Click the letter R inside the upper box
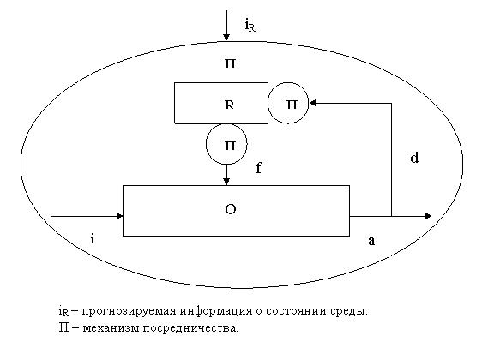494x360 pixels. (230, 105)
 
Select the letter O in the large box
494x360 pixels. (231, 209)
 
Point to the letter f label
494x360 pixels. (258, 168)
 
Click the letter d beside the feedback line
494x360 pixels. (414, 157)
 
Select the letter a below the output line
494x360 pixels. (371, 241)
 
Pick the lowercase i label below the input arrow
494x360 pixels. (93, 238)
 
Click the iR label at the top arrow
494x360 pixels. (250, 25)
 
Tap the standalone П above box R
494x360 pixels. (230, 63)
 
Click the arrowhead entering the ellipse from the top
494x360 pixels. (226, 37)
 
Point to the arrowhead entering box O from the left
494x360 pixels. (119, 216)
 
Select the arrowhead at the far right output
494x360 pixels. (428, 216)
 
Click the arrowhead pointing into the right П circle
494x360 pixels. (313, 103)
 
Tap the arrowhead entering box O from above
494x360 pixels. (226, 182)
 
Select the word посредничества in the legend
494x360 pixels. (190, 328)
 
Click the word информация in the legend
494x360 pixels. (216, 311)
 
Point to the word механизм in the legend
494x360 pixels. (111, 328)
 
